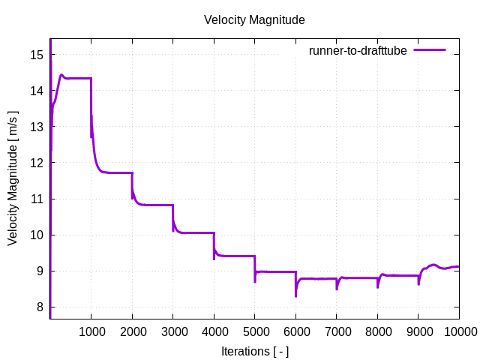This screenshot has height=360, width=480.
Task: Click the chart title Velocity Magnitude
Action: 254,20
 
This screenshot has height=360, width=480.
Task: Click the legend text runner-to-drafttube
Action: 358,50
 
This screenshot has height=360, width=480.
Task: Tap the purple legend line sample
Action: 430,50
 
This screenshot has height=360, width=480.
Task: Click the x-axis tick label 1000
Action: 91,331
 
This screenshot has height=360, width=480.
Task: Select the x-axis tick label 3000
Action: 172,331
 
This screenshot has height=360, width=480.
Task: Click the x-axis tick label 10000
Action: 458,331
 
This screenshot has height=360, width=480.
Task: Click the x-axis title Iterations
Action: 254,351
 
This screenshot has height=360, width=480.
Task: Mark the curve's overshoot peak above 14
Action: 61,75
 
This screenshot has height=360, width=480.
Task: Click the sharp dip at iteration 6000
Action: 295,295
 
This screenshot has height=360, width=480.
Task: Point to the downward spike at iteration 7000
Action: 337,289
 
